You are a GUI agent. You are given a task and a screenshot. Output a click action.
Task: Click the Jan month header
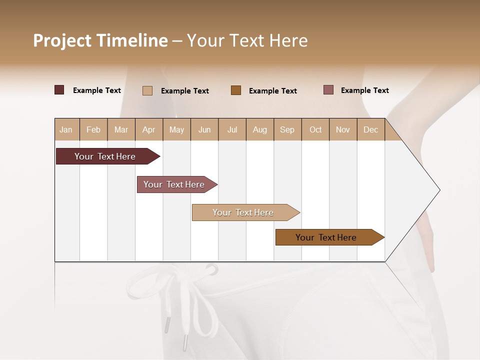click(66, 129)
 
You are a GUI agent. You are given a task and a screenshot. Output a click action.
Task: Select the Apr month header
click(149, 129)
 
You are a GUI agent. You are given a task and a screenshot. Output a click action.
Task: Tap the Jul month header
click(232, 129)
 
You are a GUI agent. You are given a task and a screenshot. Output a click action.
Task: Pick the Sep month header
click(287, 129)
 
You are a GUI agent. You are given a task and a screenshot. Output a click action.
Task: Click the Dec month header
click(370, 129)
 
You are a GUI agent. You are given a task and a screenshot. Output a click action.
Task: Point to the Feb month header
click(93, 129)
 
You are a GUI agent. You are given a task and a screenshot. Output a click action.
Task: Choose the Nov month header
click(343, 129)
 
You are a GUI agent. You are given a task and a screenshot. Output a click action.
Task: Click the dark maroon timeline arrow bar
click(105, 156)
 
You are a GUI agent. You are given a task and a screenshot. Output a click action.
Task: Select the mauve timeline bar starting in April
click(174, 184)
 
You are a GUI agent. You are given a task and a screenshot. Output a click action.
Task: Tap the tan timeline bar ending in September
click(243, 212)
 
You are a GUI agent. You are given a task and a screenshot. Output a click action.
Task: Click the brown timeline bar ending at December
click(326, 237)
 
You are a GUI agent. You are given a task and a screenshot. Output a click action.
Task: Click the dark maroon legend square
click(59, 90)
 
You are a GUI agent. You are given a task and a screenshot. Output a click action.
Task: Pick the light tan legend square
click(147, 90)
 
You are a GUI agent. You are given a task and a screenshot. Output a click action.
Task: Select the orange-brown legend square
click(236, 90)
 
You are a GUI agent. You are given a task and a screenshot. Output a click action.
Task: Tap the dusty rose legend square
click(328, 90)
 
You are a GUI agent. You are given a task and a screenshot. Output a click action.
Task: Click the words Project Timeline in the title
click(100, 40)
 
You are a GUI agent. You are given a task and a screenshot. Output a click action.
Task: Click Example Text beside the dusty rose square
click(364, 90)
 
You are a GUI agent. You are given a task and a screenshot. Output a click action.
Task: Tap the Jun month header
click(204, 129)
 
